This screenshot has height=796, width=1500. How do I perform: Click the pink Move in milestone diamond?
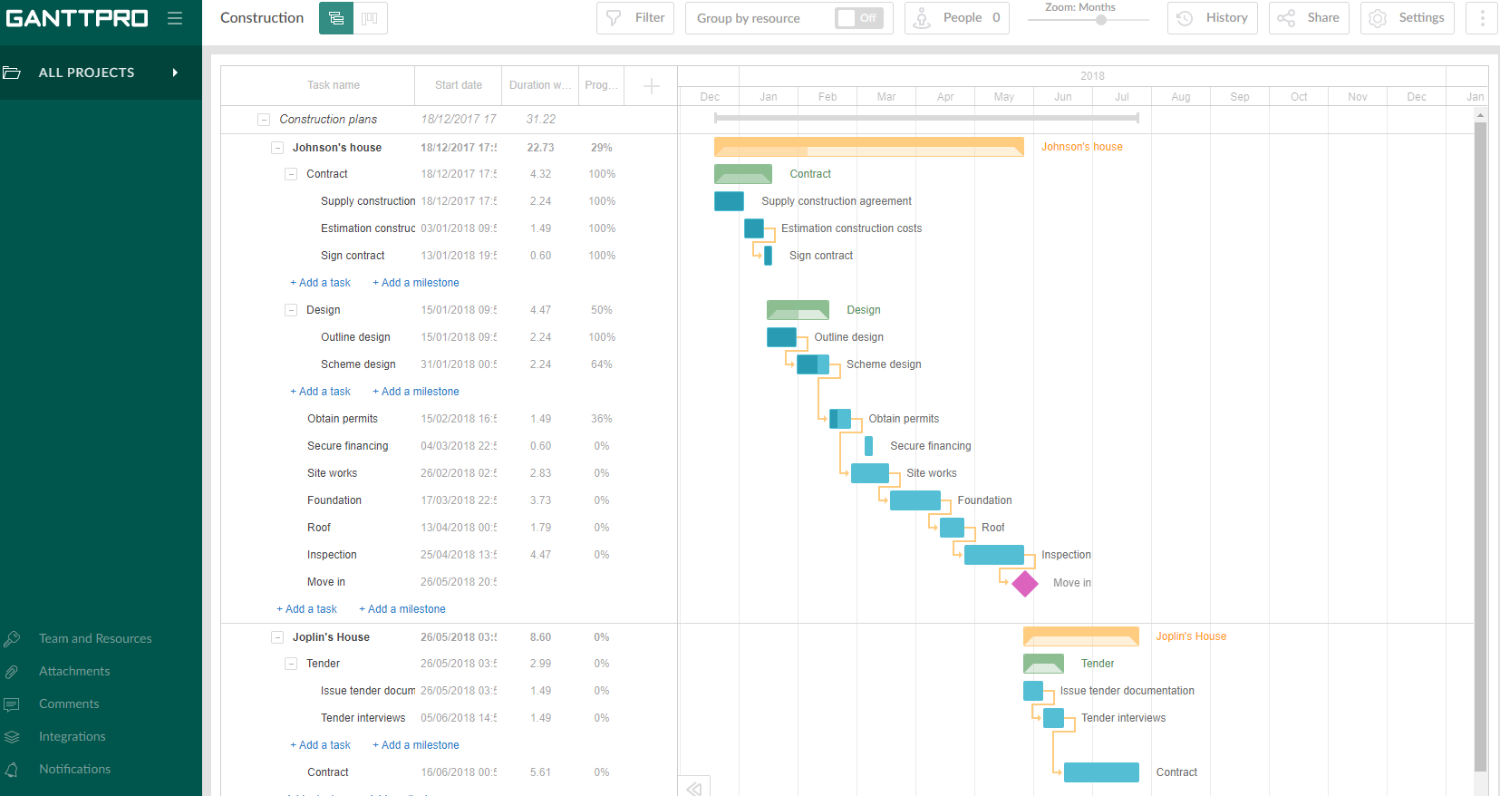(1025, 584)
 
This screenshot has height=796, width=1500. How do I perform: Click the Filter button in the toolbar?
(635, 18)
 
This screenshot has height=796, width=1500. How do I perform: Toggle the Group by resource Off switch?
(858, 18)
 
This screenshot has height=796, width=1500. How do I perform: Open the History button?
(1213, 18)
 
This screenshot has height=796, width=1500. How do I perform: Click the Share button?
(1309, 18)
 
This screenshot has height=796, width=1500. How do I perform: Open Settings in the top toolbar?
(1407, 18)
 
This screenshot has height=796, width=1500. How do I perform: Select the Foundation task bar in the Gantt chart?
(915, 500)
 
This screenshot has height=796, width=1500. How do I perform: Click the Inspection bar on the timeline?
(993, 555)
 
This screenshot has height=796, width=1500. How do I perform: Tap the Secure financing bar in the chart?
(868, 446)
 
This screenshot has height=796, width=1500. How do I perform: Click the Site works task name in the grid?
(332, 473)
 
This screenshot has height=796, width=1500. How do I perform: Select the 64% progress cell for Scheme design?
(601, 364)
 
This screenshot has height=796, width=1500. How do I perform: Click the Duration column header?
(540, 85)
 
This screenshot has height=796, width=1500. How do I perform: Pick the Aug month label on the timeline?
(1180, 97)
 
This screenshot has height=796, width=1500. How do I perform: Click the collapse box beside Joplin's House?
(277, 637)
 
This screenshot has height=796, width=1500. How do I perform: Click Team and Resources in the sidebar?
(95, 639)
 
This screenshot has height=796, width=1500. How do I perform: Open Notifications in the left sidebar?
(74, 770)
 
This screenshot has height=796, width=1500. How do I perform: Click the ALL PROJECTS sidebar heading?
(86, 73)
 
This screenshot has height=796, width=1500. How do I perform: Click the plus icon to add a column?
(651, 86)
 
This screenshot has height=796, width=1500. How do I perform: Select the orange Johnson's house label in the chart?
(1081, 147)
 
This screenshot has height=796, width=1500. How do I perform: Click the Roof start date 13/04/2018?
(459, 528)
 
